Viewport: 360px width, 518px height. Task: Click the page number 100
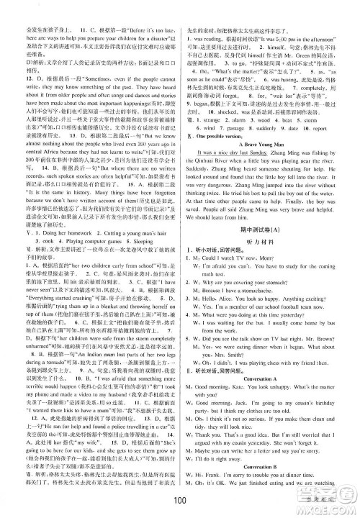(x=180, y=501)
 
